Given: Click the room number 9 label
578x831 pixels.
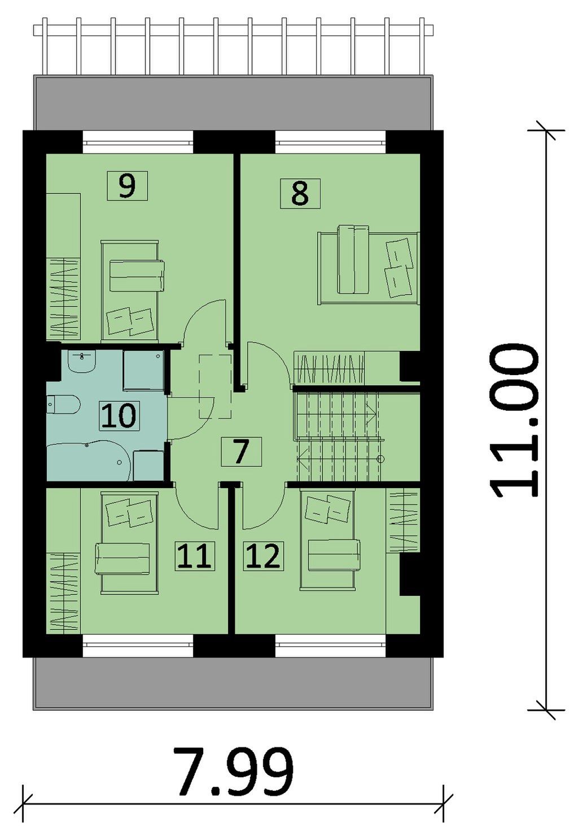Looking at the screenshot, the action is tap(127, 185).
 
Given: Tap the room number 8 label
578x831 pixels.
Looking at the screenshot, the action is tap(300, 193).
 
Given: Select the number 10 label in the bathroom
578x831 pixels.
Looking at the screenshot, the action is tap(119, 416).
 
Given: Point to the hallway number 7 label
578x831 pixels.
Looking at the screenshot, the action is tap(241, 451).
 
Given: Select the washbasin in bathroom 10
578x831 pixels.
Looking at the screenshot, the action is tap(82, 362).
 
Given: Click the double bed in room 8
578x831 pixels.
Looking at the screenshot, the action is tap(369, 265).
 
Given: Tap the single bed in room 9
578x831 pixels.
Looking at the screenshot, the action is tap(130, 290).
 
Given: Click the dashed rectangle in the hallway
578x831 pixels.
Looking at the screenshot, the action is tap(215, 387).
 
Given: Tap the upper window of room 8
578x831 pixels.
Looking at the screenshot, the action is tap(331, 142).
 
